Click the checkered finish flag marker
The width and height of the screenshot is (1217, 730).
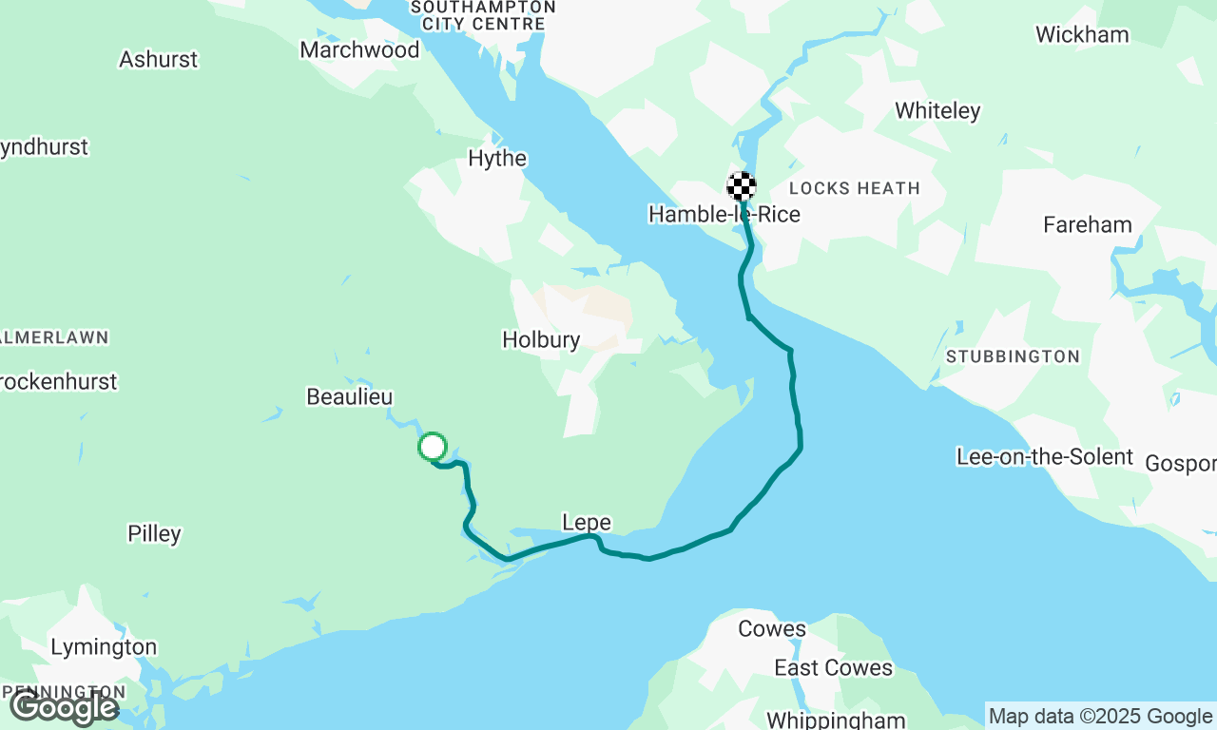[x=742, y=185]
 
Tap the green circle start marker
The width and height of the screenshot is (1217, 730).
[x=433, y=446]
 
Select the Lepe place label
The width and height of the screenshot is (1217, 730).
[x=587, y=522]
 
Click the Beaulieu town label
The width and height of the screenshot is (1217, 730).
[x=349, y=396]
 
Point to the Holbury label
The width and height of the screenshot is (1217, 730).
[x=541, y=339]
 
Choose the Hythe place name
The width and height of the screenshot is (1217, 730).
[x=497, y=158]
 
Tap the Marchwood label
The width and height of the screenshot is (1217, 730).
[x=359, y=49]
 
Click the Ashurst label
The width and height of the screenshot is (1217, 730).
[x=158, y=59]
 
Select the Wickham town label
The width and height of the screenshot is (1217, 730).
[x=1082, y=34]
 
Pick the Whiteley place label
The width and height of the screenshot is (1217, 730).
[x=937, y=110]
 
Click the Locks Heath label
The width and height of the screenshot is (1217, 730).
[x=855, y=188]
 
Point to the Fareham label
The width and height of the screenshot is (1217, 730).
[x=1088, y=224]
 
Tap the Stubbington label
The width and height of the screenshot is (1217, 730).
[x=1013, y=356]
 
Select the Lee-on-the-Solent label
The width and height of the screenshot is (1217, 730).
[x=1045, y=456]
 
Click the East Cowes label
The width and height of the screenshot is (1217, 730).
[x=833, y=667]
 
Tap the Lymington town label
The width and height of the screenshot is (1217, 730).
[x=104, y=647]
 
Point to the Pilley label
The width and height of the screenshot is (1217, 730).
[x=154, y=533]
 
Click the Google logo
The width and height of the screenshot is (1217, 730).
[x=64, y=707]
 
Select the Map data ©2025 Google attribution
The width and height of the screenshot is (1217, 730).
[x=1100, y=716]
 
